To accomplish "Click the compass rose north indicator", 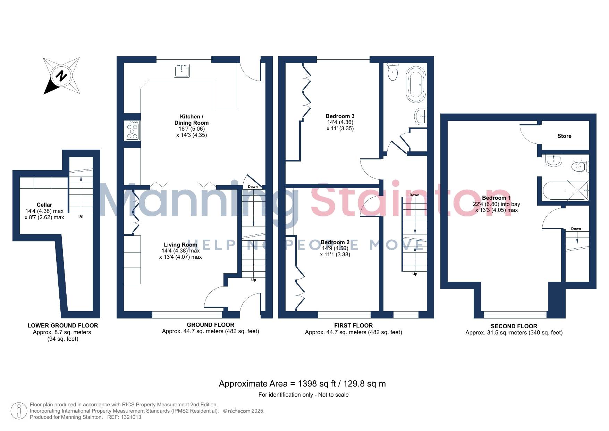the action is tap(61, 76).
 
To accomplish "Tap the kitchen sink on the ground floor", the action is tap(182, 71).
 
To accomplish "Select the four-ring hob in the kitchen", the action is tap(132, 130).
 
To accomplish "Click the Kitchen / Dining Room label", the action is tap(192, 119).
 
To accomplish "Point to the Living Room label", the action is tap(180, 244).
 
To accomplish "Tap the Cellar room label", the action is tap(44, 205).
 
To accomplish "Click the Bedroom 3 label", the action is tap(340, 116).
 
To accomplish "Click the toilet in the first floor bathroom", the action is tap(393, 72).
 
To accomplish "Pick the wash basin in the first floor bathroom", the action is tap(421, 116).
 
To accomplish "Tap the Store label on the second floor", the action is tap(564, 136).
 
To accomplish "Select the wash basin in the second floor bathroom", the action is tap(553, 160).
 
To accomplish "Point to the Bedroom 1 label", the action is tap(496, 198).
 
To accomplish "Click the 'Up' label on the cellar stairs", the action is tap(81, 216).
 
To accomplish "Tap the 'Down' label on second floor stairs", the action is tap(576, 229).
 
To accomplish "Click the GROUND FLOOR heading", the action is tap(211, 325).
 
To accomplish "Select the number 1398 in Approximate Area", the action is tap(307, 384).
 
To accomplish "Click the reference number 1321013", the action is tap(131, 417).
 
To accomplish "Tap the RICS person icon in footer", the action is tap(19, 411).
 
